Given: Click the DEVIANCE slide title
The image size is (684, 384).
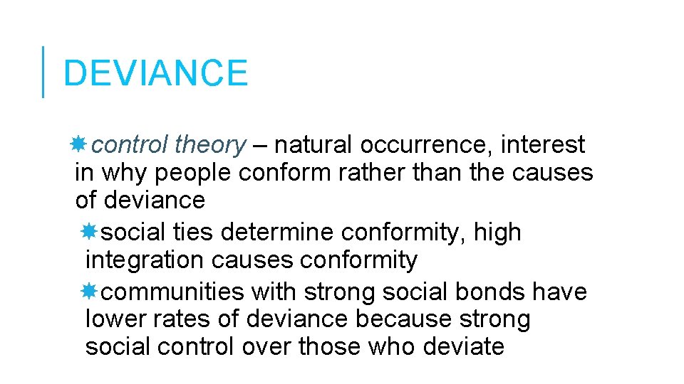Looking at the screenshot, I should (155, 73).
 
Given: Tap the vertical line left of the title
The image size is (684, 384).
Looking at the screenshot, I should (43, 72).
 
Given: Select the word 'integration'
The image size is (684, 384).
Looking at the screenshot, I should (145, 260).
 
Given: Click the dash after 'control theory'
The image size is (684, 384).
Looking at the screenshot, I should (259, 146).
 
